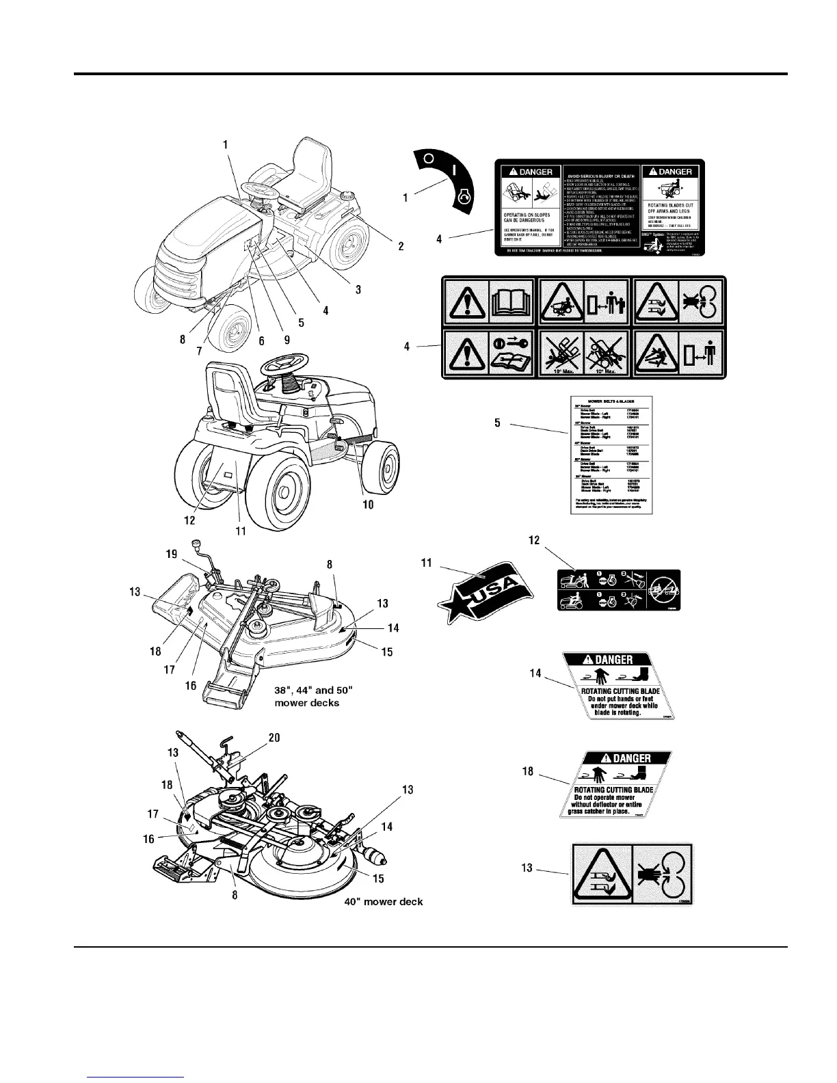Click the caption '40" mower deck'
383,902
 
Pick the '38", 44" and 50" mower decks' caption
306,696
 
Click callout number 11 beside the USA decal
427,563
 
